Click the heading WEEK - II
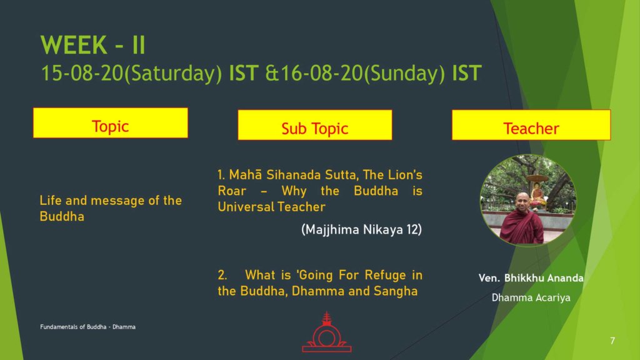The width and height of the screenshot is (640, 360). pos(93,45)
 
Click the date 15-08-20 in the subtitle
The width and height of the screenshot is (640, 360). pos(82,74)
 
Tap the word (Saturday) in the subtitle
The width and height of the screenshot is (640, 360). pos(172,74)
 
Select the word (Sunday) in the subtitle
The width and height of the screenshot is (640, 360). pos(404,74)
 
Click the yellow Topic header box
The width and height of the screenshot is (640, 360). pos(111,123)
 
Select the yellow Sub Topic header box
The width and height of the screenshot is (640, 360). pos(315,125)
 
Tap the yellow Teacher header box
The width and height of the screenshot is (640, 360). pos(531,125)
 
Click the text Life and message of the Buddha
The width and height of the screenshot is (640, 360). pos(111,208)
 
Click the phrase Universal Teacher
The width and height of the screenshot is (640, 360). pos(271,206)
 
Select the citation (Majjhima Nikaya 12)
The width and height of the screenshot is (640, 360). pos(361,229)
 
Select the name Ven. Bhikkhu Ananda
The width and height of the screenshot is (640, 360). pos(531,278)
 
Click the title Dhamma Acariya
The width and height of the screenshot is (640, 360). pos(531,297)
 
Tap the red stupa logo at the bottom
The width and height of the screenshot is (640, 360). pos(326,332)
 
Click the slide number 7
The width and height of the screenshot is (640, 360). pos(612,341)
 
